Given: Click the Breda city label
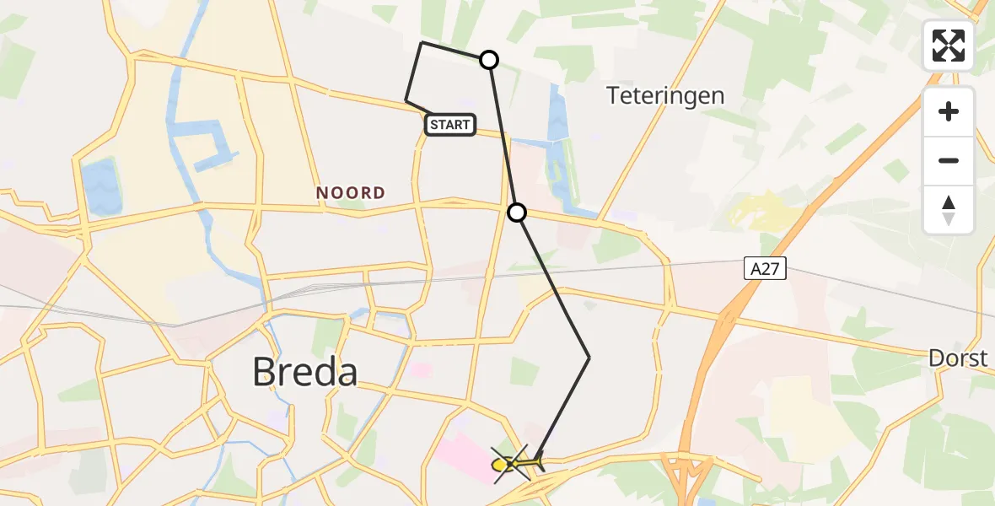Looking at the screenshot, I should tap(305, 372).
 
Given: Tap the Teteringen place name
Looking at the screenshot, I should tap(665, 95).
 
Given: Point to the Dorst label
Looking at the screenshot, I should tap(957, 358).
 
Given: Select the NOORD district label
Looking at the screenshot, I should tap(351, 193).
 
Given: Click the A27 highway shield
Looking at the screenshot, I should tap(766, 269).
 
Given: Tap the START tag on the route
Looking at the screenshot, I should tap(450, 125).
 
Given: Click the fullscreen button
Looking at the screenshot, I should tap(949, 46).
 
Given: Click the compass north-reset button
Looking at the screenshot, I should tap(949, 210).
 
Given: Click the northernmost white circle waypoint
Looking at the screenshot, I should tap(489, 60).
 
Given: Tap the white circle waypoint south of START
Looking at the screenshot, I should tap(517, 213).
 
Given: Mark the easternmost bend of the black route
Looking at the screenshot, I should tap(589, 358).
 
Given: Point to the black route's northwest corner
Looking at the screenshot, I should tap(422, 42).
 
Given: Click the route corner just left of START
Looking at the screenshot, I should tap(406, 101).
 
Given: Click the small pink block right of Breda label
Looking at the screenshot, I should tap(422, 369).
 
